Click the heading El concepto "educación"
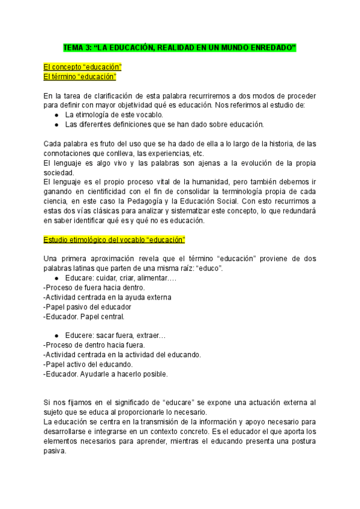pyautogui.click(x=83, y=67)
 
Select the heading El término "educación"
pyautogui.click(x=80, y=77)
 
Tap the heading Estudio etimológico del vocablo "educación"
pyautogui.click(x=115, y=239)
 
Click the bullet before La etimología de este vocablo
pyautogui.click(x=56, y=115)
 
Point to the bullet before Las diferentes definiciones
pyautogui.click(x=56, y=125)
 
